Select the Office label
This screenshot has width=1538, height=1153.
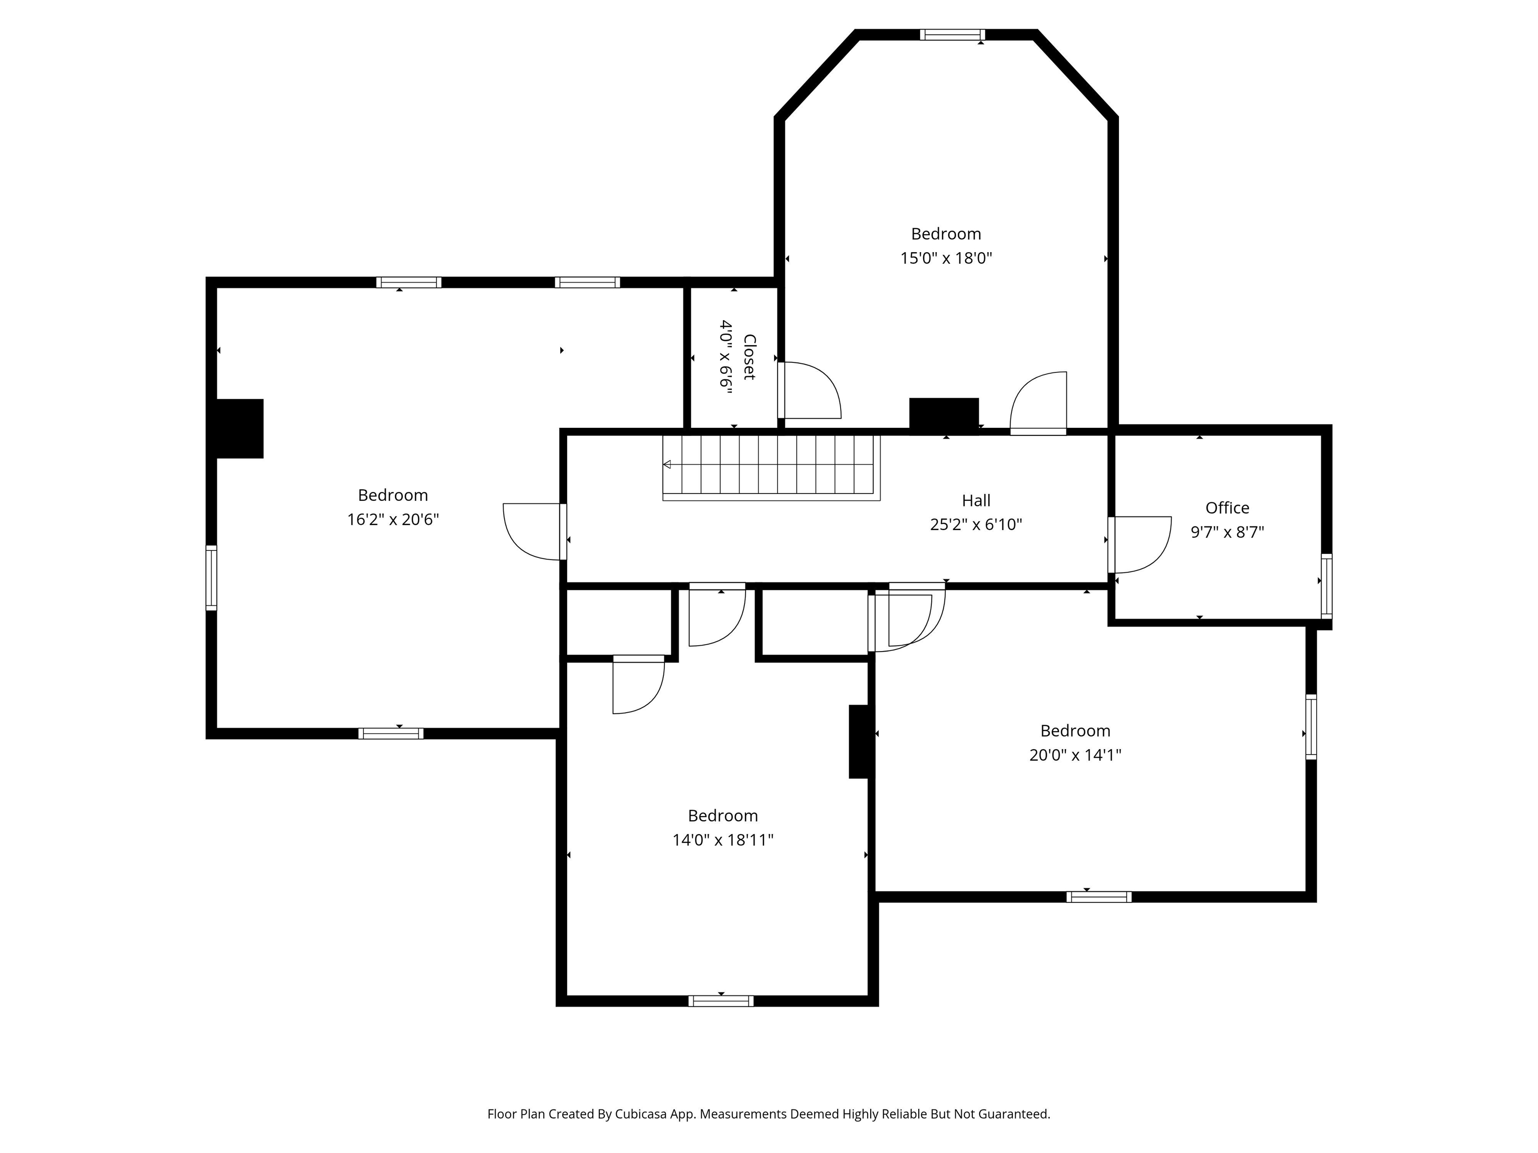(x=1227, y=508)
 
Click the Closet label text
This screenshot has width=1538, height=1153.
(x=749, y=356)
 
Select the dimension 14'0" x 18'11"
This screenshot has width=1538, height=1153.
(x=722, y=840)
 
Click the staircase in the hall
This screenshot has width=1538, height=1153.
(x=772, y=465)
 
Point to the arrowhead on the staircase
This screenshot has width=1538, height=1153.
(x=667, y=464)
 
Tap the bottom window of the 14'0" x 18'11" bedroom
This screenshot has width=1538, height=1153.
(x=720, y=1001)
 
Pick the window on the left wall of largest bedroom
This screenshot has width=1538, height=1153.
(x=211, y=578)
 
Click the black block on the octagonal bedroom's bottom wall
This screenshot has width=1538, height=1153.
(x=944, y=415)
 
